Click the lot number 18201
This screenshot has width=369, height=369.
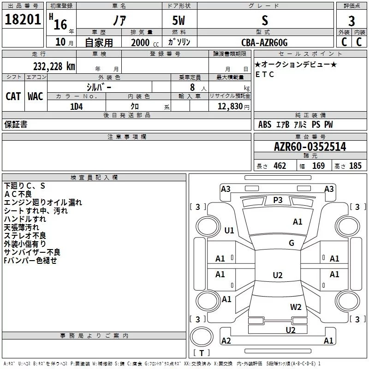click(x=23, y=19)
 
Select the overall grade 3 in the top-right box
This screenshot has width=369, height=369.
click(x=351, y=21)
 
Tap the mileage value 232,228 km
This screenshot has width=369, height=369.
click(x=54, y=66)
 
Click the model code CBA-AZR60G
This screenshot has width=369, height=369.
click(x=264, y=42)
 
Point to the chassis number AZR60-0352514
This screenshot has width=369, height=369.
click(x=310, y=147)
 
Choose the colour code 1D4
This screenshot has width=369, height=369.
click(x=77, y=107)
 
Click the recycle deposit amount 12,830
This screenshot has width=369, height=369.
click(x=230, y=106)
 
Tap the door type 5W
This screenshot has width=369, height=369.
click(x=179, y=20)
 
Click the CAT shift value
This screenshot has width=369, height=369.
click(x=13, y=96)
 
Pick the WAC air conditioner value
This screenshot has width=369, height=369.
click(x=36, y=96)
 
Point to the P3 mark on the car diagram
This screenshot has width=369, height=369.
click(x=278, y=200)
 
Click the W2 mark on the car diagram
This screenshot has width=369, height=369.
click(x=296, y=307)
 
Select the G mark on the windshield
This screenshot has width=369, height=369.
click(x=292, y=243)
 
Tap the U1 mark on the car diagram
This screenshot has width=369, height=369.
click(x=229, y=230)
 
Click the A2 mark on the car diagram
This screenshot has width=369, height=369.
click(x=226, y=340)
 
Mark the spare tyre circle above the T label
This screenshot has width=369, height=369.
click(x=202, y=337)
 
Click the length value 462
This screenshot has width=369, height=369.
click(x=280, y=166)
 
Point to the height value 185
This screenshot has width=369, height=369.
click(x=355, y=166)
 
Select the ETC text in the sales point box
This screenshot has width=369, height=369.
click(x=265, y=74)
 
